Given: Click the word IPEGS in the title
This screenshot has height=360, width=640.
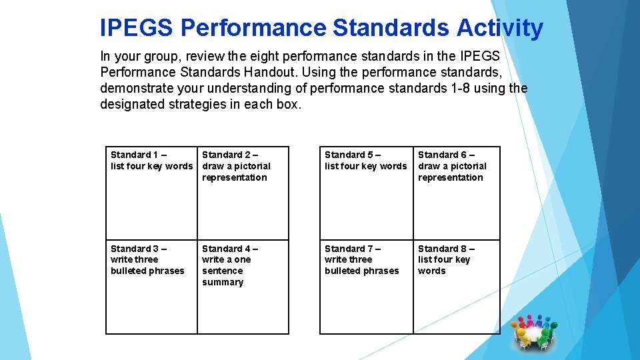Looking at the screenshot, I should (x=136, y=28).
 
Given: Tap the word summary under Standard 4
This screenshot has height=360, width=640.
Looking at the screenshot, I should (x=223, y=283).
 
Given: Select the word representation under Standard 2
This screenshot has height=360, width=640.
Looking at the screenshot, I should (x=234, y=178).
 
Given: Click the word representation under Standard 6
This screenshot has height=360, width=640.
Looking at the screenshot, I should (x=450, y=178).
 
